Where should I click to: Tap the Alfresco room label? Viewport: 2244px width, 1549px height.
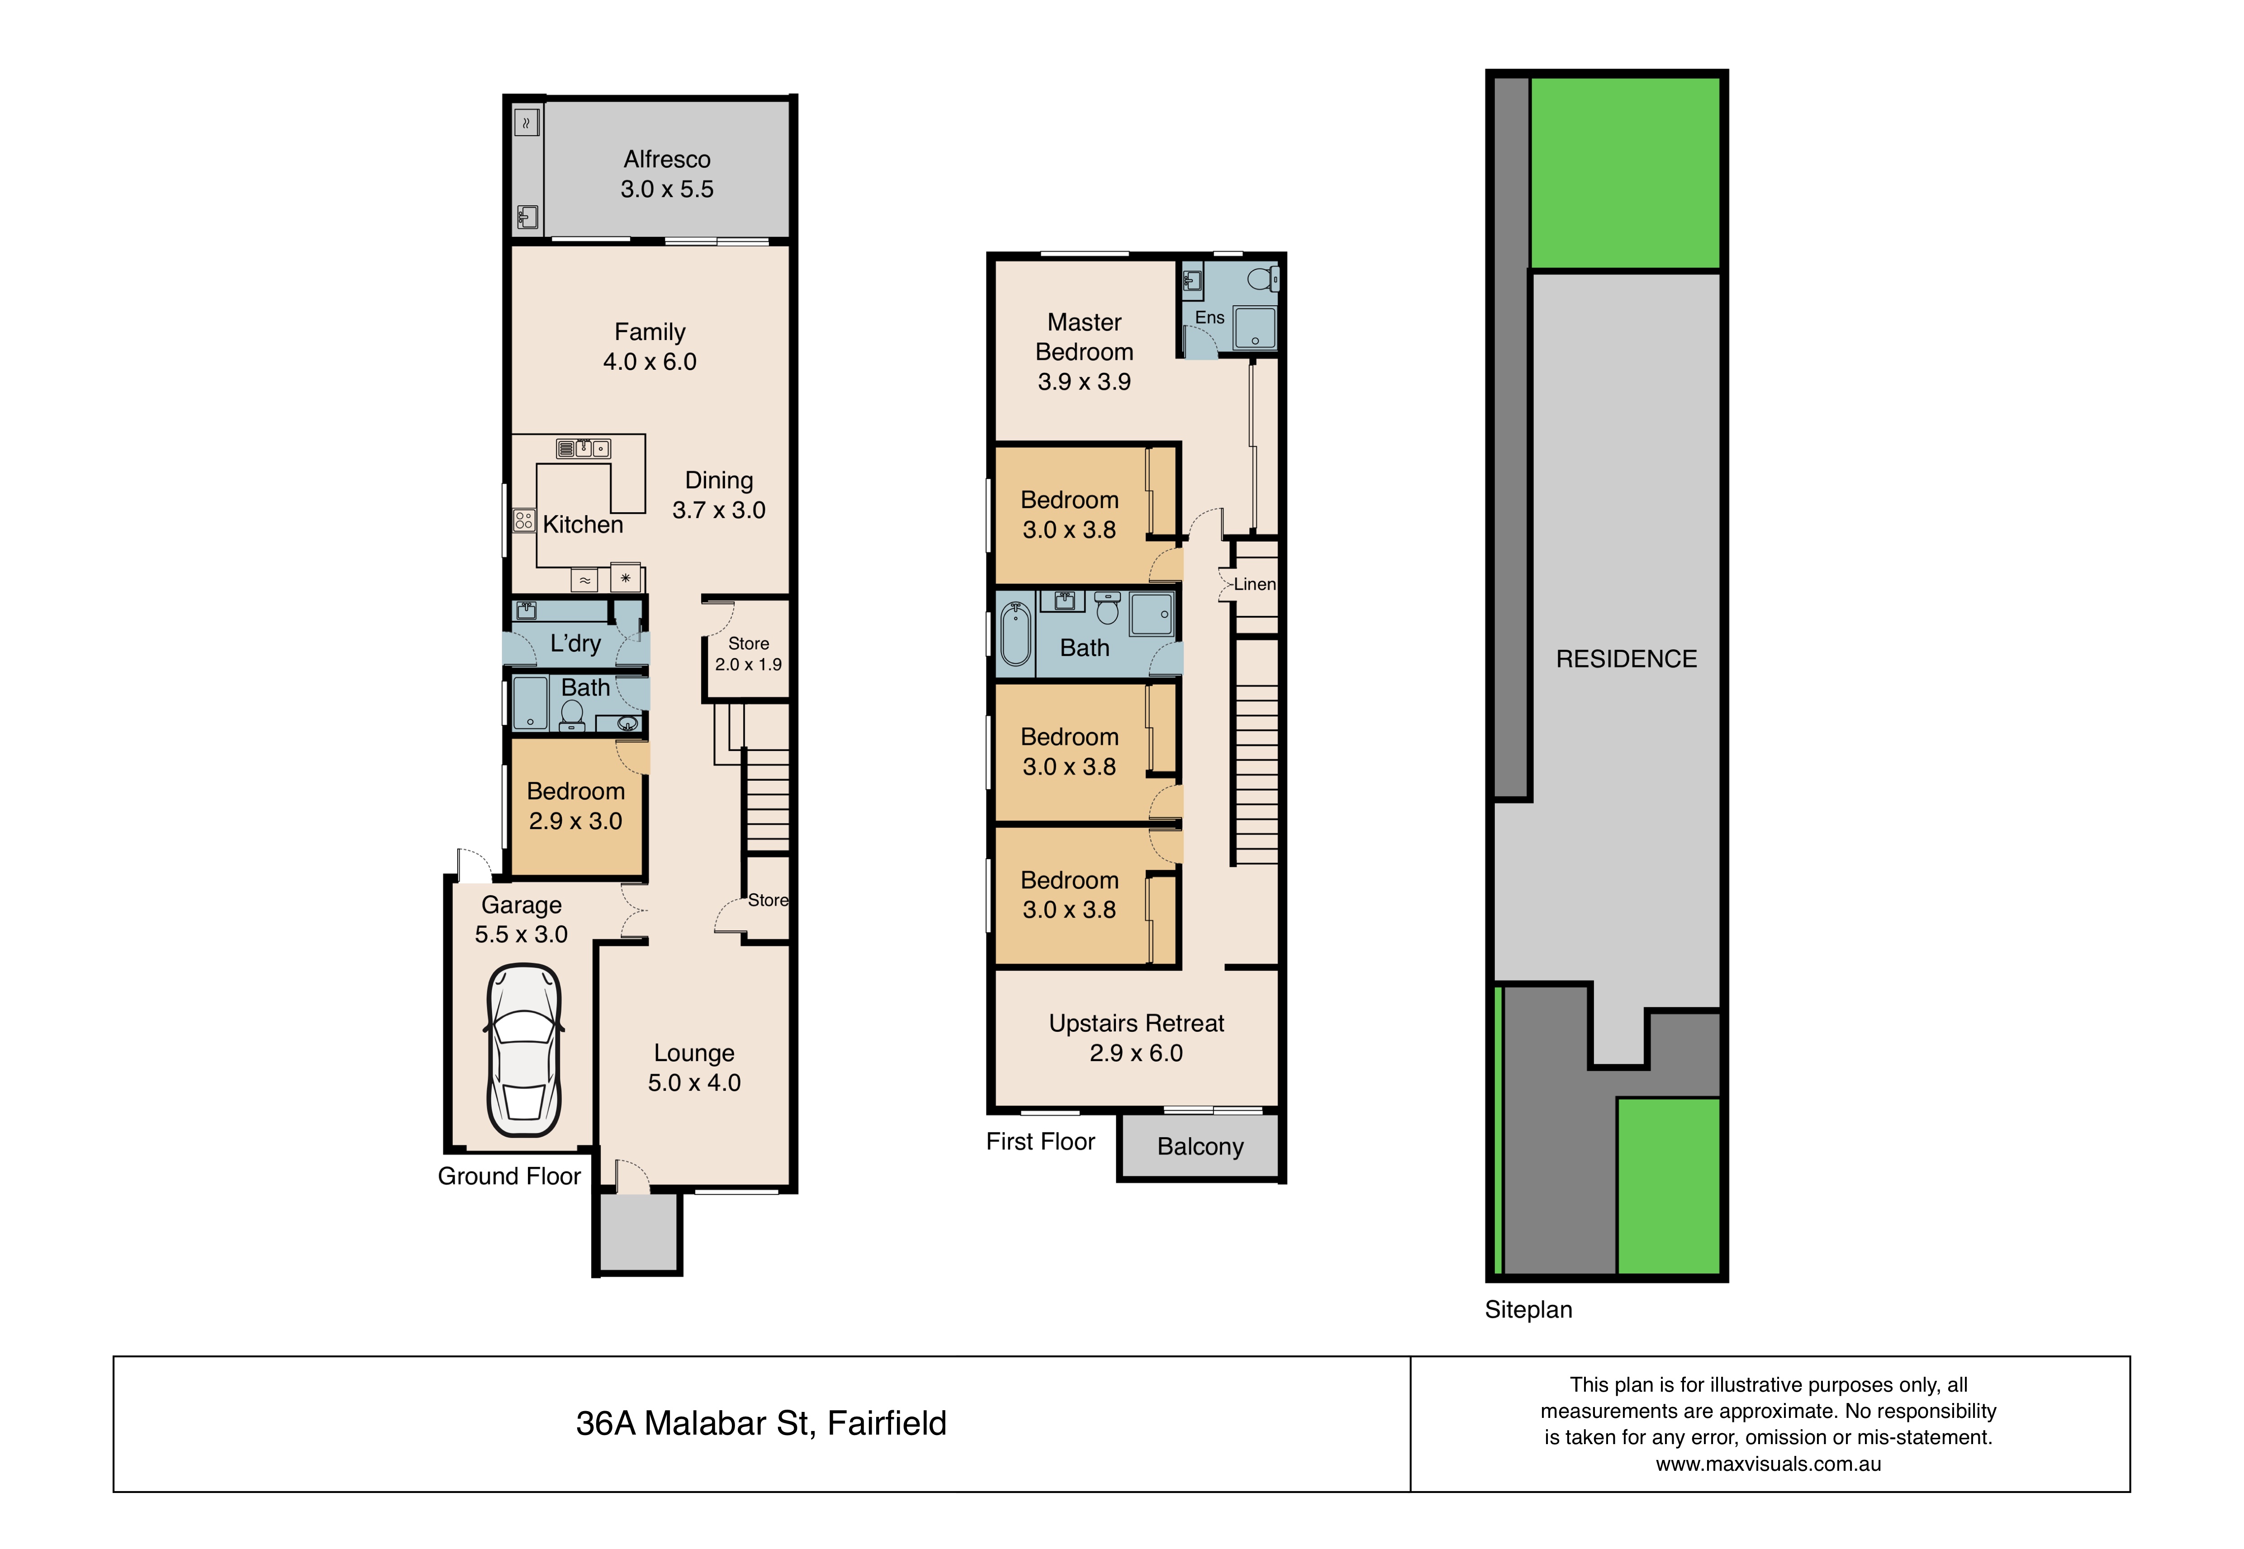click(x=667, y=159)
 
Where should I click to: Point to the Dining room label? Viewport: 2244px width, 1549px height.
click(x=719, y=481)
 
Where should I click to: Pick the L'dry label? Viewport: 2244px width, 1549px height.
click(x=576, y=643)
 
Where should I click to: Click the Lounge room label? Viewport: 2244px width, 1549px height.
click(x=694, y=1053)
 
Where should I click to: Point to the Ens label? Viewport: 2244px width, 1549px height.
click(x=1210, y=317)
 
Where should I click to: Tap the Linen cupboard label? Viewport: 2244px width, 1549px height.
click(x=1255, y=584)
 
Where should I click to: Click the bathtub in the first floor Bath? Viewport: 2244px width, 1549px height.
click(x=1015, y=634)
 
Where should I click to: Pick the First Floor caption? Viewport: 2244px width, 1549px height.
click(x=1040, y=1141)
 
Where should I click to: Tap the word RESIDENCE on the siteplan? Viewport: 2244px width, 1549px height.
click(x=1627, y=659)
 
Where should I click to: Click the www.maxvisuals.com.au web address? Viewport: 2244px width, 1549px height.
click(x=1768, y=1464)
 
